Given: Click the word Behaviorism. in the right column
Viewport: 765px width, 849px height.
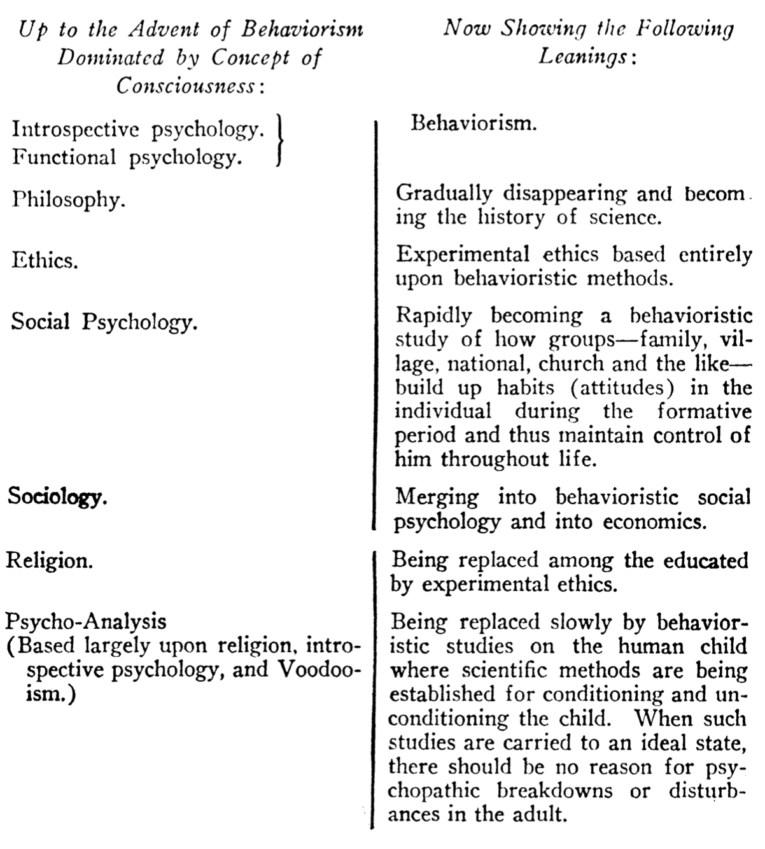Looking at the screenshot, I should [474, 123].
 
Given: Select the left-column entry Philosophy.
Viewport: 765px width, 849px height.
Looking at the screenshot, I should [68, 200].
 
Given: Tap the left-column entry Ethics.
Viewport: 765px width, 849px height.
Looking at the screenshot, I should [45, 261].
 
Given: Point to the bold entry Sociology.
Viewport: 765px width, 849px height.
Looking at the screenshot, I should [57, 497].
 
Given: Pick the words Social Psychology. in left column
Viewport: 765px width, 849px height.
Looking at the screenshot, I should [104, 322].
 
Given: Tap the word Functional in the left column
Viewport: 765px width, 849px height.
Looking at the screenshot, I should [64, 157].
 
